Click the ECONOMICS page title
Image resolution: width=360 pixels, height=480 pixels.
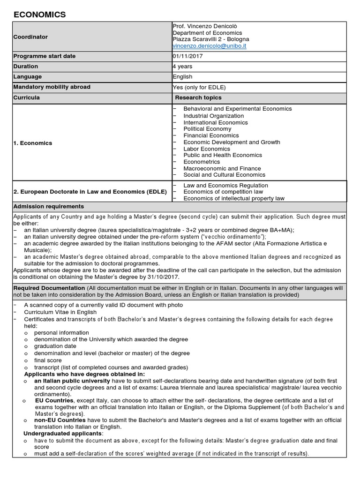click(x=40, y=15)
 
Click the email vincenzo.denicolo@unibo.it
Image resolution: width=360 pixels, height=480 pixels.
click(x=210, y=46)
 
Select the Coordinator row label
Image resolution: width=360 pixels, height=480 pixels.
click(x=30, y=37)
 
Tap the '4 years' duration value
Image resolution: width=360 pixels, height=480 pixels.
click(x=183, y=67)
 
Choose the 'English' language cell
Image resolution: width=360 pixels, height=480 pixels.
click(x=183, y=77)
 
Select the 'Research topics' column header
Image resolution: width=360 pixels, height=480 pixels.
click(x=198, y=97)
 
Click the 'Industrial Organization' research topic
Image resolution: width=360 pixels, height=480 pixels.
click(x=214, y=116)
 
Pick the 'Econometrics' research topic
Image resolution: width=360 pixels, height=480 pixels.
click(x=201, y=162)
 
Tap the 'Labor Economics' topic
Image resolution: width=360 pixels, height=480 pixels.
click(x=207, y=149)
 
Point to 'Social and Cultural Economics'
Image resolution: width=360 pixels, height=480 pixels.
click(x=224, y=175)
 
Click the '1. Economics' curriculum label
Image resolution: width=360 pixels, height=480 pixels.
click(x=33, y=143)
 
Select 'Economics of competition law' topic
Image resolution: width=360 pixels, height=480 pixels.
click(x=223, y=192)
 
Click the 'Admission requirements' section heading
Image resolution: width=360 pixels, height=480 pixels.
click(x=49, y=206)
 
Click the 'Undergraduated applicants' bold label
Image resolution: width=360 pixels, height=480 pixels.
click(x=63, y=434)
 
